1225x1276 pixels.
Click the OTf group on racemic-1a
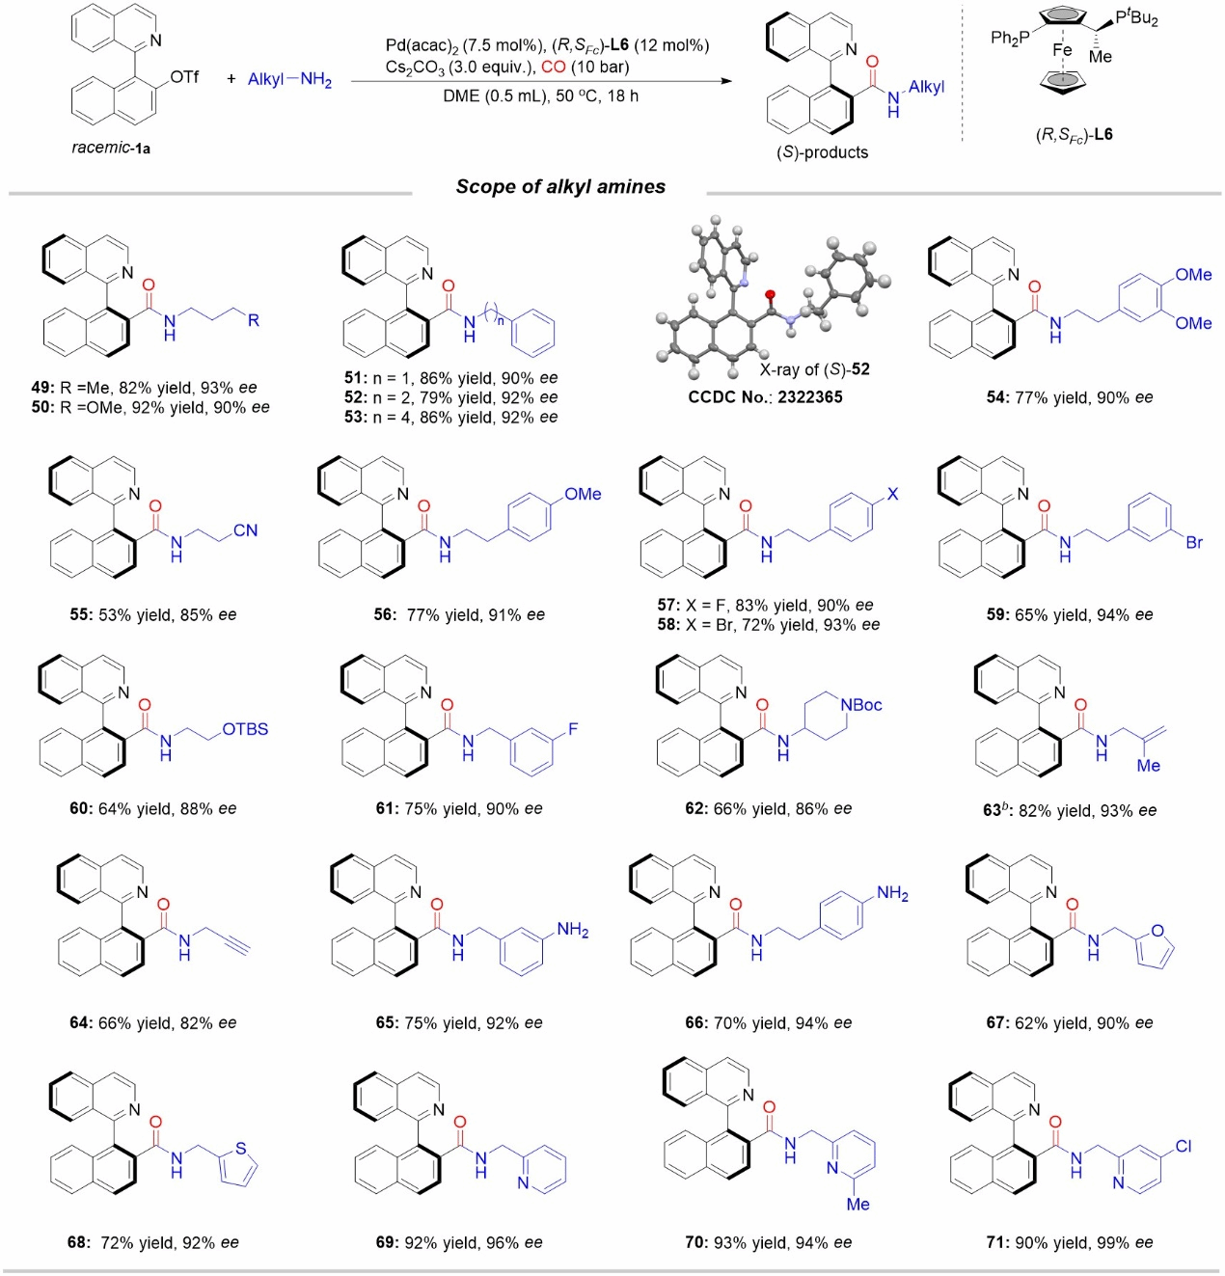(184, 76)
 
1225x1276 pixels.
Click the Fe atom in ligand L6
(1062, 50)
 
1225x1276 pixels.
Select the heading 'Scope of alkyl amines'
(560, 187)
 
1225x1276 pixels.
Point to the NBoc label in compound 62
(861, 705)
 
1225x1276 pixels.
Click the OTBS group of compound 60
(245, 729)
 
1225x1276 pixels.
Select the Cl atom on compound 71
(1184, 1146)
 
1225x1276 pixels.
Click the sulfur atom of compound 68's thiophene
(241, 1148)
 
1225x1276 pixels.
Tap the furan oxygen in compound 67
(1157, 931)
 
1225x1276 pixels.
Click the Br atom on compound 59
(1194, 542)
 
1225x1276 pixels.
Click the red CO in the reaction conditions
(554, 68)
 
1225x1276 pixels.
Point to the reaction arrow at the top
(540, 82)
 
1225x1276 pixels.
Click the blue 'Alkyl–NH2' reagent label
(289, 79)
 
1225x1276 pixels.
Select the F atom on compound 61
(573, 729)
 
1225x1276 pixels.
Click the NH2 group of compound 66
(892, 894)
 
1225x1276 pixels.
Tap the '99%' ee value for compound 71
(1109, 1242)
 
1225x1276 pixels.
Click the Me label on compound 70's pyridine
(857, 1204)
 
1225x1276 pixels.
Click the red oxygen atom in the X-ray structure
(770, 293)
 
